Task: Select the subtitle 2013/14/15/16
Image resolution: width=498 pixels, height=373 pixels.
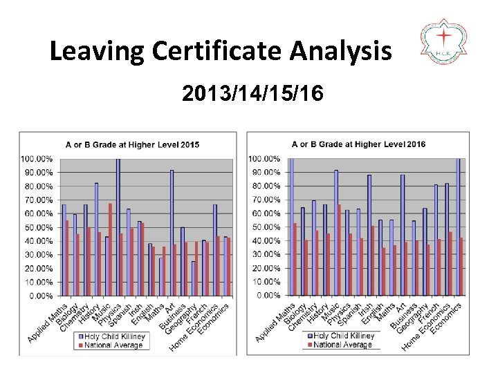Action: click(252, 93)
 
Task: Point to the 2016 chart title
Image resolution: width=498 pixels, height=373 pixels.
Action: click(358, 144)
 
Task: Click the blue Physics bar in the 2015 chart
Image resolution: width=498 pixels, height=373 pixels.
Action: click(118, 227)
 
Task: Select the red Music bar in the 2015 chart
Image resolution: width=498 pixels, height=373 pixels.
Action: click(110, 249)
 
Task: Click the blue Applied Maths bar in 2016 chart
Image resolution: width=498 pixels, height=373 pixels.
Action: click(291, 227)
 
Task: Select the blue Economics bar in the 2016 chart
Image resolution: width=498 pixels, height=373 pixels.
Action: click(457, 227)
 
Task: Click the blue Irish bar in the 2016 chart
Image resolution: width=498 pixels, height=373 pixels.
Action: click(369, 235)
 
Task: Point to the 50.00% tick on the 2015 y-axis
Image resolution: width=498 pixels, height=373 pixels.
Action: click(38, 227)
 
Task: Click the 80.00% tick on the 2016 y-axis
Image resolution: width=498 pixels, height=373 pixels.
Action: click(264, 186)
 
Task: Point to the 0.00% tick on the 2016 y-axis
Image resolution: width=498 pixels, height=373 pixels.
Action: click(266, 296)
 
